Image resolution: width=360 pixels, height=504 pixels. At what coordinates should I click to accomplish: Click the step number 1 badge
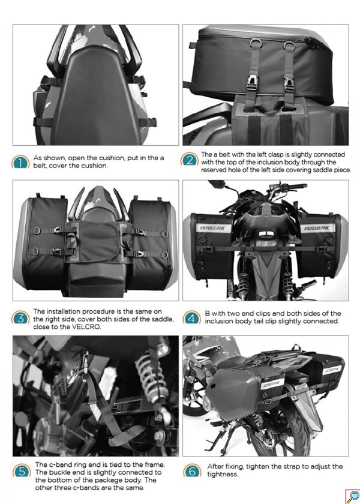point(20,162)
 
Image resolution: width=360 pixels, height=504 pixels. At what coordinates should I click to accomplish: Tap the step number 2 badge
point(190,160)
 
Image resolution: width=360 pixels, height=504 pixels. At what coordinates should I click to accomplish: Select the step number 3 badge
point(21,318)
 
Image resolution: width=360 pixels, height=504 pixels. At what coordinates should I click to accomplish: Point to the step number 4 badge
point(191,318)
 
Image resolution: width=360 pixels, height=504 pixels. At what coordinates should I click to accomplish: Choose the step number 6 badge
point(191,471)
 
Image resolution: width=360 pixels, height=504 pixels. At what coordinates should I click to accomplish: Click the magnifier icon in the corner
point(352,496)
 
